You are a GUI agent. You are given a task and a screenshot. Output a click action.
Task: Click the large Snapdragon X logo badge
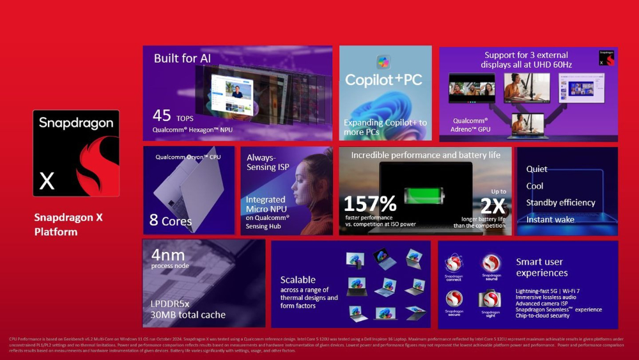(x=76, y=153)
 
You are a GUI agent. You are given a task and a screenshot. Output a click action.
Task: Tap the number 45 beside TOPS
(x=162, y=116)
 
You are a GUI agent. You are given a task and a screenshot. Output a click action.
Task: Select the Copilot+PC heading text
(x=384, y=80)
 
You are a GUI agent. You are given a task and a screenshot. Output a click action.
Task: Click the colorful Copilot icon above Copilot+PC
(x=383, y=62)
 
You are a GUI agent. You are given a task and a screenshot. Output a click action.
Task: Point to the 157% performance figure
(x=370, y=204)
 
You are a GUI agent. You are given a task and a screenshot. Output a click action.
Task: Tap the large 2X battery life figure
(x=492, y=206)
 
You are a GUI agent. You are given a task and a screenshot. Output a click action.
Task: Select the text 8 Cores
(x=171, y=221)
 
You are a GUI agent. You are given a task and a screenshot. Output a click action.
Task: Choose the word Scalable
(x=298, y=279)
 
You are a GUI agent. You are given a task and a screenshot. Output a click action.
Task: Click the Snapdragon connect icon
(x=454, y=263)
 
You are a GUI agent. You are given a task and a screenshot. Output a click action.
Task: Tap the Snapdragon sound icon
(x=491, y=263)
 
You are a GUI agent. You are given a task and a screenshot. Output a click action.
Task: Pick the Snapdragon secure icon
(x=454, y=299)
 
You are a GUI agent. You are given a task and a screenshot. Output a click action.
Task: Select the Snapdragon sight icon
(x=491, y=299)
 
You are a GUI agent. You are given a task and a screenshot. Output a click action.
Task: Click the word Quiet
(x=537, y=169)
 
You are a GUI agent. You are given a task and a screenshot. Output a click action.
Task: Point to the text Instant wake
(x=550, y=219)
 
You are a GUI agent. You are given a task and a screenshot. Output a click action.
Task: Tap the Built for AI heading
(x=182, y=58)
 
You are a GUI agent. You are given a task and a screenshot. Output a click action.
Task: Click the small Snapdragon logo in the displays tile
(x=607, y=58)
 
